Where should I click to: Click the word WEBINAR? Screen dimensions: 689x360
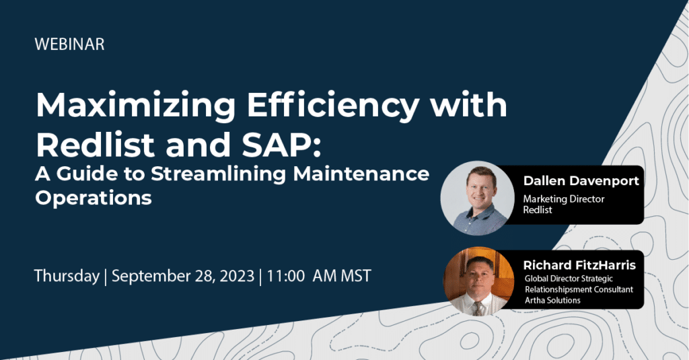point(69,44)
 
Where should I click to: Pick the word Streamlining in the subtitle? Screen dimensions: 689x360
point(219,174)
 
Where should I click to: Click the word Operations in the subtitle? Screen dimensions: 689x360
point(93,198)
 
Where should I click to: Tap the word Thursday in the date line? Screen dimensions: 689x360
point(67,277)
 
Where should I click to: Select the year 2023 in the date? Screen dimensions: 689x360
point(237,276)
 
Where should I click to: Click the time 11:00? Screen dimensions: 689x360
point(285,276)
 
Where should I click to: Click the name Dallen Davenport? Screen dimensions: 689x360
point(581,181)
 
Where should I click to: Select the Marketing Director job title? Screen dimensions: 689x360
point(564,199)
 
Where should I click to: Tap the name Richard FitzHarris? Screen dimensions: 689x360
point(579,265)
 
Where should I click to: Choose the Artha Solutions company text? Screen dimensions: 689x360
point(552,300)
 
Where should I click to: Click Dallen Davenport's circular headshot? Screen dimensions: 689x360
point(478,199)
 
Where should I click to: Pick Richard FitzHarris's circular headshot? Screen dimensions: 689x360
point(479,281)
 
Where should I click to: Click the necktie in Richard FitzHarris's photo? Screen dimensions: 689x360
point(478,308)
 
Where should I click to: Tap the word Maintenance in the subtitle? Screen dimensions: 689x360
point(361,174)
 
